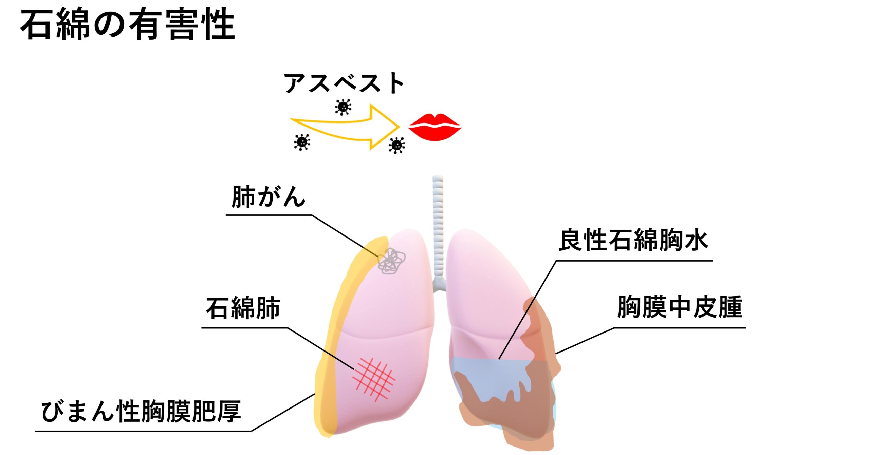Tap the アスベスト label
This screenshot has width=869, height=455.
344,83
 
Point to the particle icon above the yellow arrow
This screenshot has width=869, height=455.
343,107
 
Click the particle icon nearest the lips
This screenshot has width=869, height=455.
396,145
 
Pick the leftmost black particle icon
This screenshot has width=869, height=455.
302,142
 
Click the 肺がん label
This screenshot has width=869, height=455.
268,197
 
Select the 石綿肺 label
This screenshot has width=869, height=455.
243,308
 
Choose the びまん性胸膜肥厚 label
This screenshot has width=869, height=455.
141,411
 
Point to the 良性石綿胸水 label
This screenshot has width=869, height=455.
633,240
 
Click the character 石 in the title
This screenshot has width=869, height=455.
38,24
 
